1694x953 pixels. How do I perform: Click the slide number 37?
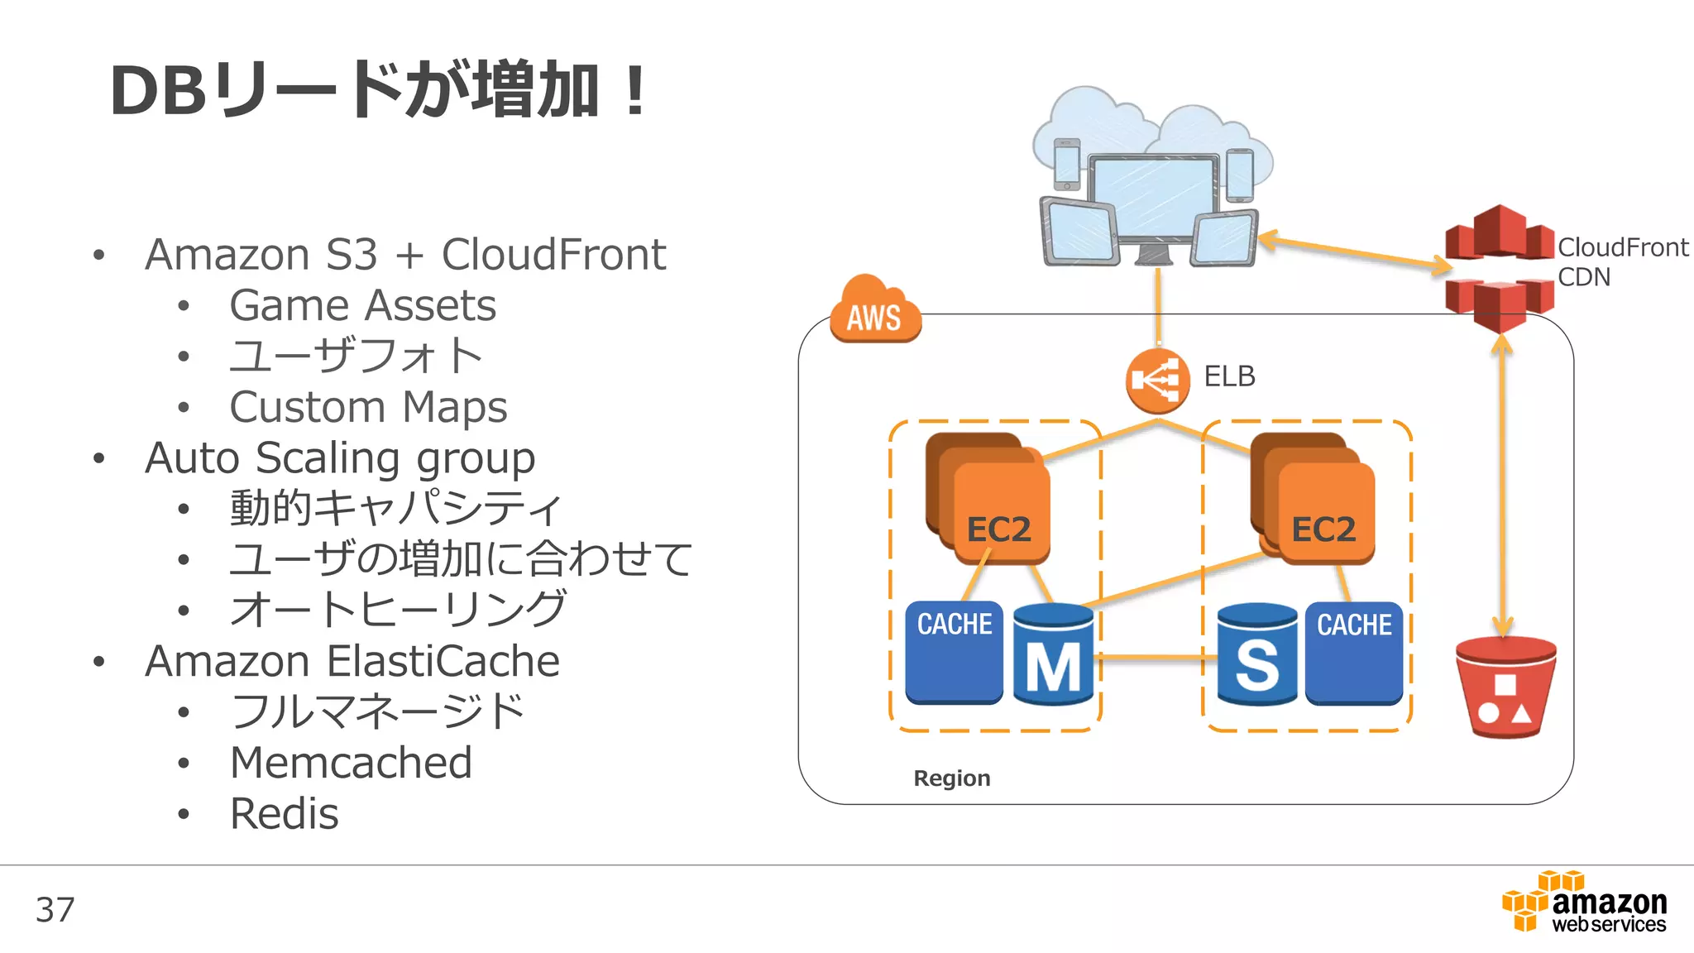(55, 910)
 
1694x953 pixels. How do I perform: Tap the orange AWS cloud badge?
(875, 313)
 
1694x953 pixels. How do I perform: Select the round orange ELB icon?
(1157, 381)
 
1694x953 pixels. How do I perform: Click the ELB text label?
(1229, 376)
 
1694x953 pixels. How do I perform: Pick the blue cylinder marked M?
(1053, 655)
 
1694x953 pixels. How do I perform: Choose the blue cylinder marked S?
(1256, 655)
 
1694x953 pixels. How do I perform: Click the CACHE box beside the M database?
(954, 654)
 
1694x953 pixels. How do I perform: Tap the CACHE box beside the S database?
(1354, 654)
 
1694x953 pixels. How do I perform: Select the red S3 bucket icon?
(1505, 687)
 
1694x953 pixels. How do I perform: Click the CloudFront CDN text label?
(1621, 261)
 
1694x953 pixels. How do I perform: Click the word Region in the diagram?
(951, 778)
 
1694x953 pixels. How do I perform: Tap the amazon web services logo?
(1585, 903)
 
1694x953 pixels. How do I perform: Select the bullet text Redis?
(284, 814)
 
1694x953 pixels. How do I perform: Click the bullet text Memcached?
(351, 763)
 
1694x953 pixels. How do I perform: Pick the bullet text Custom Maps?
(368, 407)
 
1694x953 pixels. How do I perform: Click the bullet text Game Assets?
(362, 305)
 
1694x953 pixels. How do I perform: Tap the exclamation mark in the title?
(635, 91)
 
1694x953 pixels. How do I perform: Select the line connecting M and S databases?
(1156, 658)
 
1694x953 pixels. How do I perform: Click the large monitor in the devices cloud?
(1154, 199)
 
